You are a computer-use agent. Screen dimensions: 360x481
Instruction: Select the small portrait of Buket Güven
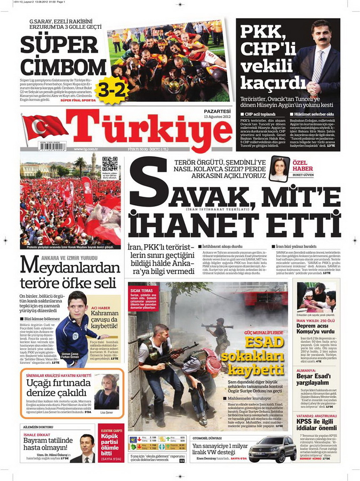pyautogui.click(x=278, y=170)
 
